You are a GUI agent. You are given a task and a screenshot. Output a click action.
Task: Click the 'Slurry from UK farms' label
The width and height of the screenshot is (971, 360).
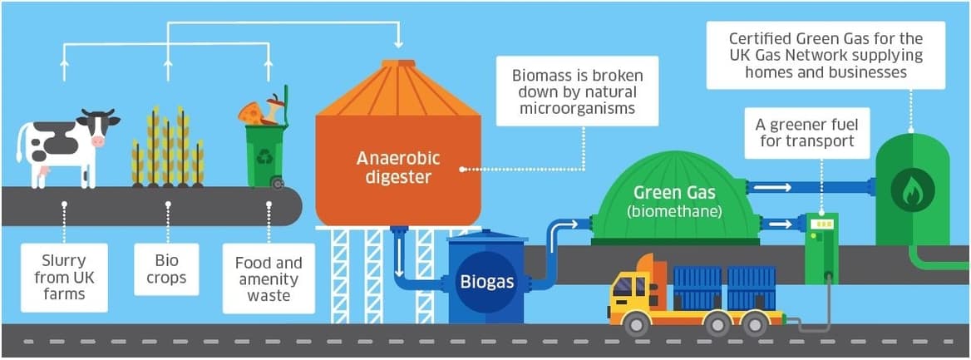(64, 277)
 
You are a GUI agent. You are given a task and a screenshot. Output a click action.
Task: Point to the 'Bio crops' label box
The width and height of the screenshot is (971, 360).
(167, 269)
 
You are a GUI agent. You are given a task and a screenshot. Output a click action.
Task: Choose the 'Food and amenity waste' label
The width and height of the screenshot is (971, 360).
(269, 279)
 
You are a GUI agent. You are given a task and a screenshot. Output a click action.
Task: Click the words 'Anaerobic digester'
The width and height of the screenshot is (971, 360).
(397, 167)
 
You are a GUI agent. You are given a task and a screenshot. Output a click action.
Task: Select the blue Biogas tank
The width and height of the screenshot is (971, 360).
(486, 280)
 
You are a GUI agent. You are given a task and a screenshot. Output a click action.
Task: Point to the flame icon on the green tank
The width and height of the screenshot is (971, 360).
(912, 190)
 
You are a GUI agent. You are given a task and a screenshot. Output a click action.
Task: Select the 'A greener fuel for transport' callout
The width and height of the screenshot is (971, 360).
(806, 133)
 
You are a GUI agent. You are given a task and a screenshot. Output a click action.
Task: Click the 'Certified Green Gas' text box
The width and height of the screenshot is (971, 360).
(826, 55)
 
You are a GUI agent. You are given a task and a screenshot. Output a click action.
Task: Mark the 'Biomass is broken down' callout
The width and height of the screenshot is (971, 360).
(577, 91)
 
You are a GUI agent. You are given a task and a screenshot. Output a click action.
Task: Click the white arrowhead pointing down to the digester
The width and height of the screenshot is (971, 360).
(399, 42)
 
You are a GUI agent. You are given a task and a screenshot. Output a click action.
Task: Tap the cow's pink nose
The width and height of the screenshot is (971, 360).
(98, 142)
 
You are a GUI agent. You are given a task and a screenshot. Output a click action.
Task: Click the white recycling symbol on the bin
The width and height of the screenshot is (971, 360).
(265, 156)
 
